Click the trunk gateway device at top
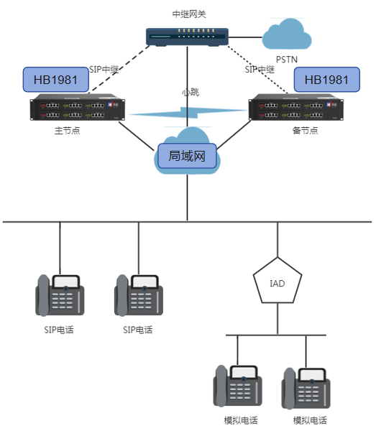pos(187,37)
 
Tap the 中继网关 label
pos(188,14)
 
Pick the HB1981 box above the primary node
pos(51,80)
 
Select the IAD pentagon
pos(277,283)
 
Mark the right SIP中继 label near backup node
pos(260,70)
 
